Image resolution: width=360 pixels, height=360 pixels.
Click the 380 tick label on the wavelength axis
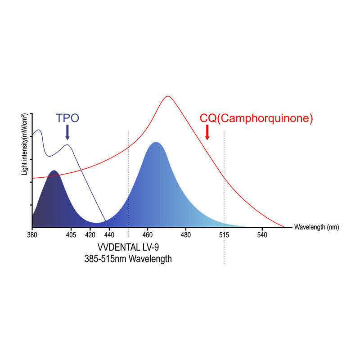[32, 234]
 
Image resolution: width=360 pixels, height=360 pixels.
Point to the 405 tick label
[71, 234]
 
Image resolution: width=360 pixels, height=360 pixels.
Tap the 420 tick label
[90, 234]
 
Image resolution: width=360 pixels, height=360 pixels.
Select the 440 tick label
[109, 234]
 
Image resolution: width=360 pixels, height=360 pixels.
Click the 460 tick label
[148, 234]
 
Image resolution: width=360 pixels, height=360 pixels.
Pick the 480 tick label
[186, 234]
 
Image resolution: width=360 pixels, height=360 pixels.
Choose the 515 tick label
[224, 234]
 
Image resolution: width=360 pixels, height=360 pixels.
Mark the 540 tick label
[262, 234]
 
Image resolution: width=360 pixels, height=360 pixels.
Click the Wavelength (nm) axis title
[316, 227]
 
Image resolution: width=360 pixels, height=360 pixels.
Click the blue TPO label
[67, 118]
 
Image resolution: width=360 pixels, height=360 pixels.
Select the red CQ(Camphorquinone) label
[256, 119]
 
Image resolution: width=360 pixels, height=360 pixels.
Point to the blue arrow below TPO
[67, 132]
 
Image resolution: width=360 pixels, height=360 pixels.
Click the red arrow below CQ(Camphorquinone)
[207, 132]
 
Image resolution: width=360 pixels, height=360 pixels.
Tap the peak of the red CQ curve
[168, 96]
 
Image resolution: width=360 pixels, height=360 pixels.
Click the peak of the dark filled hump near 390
[54, 171]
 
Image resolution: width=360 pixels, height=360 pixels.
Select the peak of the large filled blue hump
[156, 143]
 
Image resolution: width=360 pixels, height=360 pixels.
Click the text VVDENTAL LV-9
[128, 248]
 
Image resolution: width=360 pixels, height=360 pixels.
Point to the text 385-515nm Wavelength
[128, 260]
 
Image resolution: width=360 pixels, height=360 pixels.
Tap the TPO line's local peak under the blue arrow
[67, 144]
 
